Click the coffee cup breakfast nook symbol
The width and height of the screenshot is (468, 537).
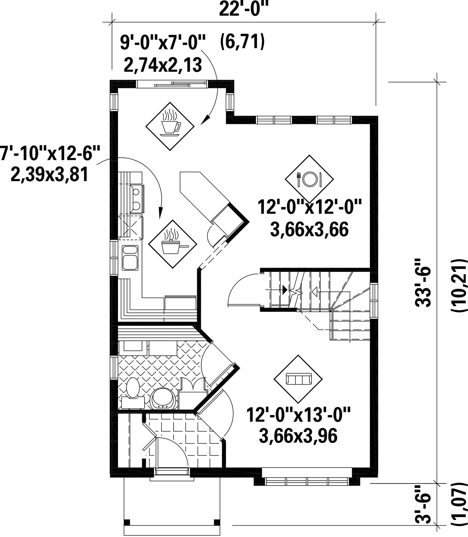[170, 126]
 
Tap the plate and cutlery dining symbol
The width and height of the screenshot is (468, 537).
[309, 179]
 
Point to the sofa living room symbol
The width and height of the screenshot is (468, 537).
[298, 379]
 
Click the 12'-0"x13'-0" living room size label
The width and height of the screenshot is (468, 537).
[298, 415]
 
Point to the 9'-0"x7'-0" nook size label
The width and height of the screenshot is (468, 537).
[163, 42]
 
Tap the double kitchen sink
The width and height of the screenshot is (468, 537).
[130, 258]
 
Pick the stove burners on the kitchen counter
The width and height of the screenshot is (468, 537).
[137, 197]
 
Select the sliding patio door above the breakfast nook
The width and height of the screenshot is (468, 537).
[172, 84]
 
